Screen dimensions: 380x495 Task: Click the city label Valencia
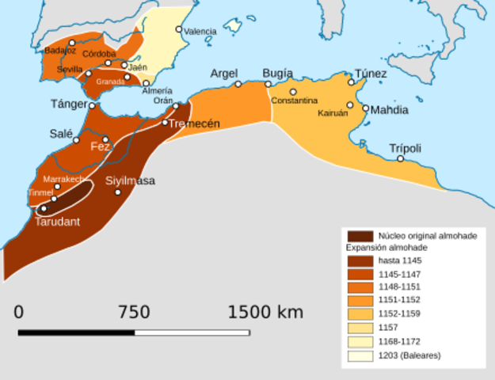200,32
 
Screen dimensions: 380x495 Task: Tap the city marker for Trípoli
401,158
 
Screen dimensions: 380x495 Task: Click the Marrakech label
63,179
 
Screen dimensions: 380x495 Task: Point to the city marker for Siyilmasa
118,192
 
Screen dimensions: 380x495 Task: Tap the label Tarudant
57,222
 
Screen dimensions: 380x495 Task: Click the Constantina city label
294,101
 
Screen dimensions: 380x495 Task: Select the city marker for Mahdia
366,108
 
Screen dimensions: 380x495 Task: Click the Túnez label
371,74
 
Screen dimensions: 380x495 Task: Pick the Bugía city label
277,74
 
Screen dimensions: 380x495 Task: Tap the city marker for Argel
238,84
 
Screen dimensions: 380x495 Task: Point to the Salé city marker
77,140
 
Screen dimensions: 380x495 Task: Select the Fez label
101,147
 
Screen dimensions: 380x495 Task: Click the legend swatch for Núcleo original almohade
359,236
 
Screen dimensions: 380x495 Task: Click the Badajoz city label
61,50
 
